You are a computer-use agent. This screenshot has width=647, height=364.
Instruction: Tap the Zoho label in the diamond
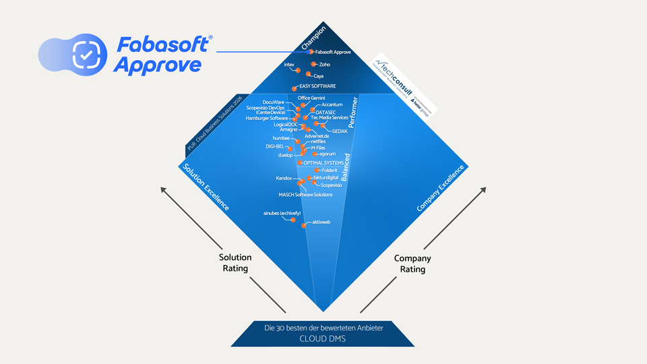tap(324, 65)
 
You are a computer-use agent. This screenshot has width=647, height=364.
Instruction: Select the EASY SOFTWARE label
tap(317, 86)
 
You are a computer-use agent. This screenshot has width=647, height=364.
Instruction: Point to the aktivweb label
tap(320, 222)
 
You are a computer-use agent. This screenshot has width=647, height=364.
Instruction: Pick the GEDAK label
tap(340, 131)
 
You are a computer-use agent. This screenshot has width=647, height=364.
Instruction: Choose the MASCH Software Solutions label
tap(305, 195)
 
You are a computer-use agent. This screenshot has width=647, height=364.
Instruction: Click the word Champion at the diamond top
tap(313, 37)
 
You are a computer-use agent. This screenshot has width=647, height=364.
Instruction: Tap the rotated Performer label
tap(358, 112)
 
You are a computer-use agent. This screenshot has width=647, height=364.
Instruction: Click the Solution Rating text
tap(235, 263)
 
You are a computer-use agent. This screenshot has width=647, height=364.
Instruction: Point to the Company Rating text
tap(412, 264)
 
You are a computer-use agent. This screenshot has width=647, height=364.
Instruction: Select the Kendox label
tap(284, 179)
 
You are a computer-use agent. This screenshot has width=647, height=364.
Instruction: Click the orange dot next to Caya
tap(309, 74)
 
